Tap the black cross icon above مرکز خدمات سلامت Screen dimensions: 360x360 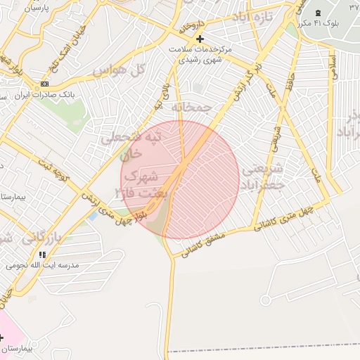click(200, 39)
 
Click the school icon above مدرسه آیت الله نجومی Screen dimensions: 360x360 click(43, 255)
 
